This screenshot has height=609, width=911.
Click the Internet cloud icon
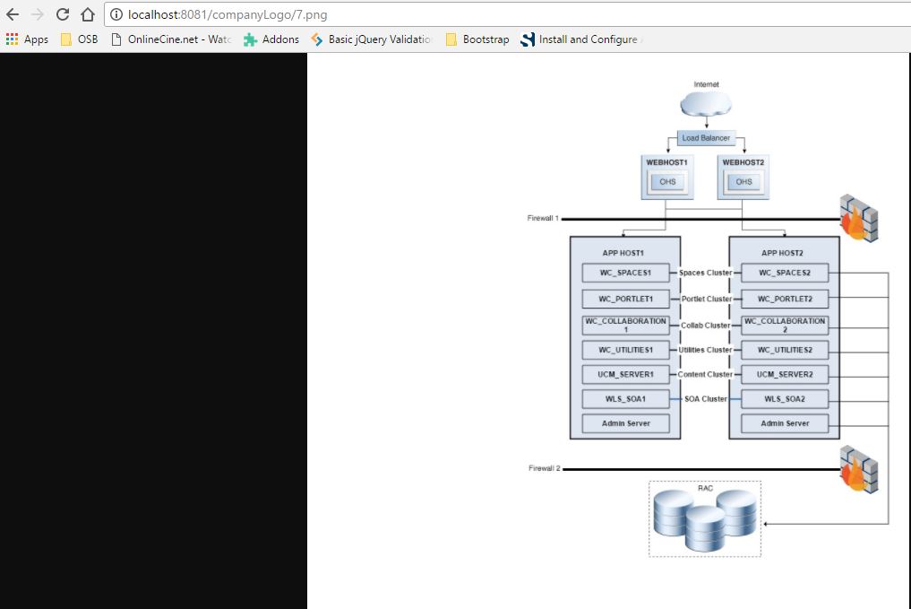tap(706, 105)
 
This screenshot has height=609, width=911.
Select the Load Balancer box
tap(707, 138)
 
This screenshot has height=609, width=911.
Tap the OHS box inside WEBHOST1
tap(667, 182)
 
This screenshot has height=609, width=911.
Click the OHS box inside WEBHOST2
tap(743, 182)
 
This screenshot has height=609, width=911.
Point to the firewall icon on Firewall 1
tap(859, 218)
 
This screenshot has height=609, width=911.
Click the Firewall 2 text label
tap(545, 468)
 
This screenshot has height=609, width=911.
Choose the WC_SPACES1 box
tap(626, 273)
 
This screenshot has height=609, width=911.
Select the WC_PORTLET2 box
tap(785, 299)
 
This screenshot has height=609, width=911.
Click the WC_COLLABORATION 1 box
tap(626, 326)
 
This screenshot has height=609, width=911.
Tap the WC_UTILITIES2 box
tap(785, 350)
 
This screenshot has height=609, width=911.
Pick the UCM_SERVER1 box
tap(626, 375)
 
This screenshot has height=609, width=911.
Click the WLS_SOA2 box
tap(785, 399)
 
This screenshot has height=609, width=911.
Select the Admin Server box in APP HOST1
tap(626, 423)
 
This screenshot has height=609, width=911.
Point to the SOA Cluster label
tap(705, 399)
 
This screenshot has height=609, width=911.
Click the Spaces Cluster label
tap(705, 273)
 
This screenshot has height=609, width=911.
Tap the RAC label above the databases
tap(705, 488)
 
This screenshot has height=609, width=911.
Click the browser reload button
tap(63, 14)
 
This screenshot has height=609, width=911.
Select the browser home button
tap(87, 14)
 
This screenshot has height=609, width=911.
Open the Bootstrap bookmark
tap(477, 39)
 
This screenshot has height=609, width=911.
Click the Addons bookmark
tap(271, 39)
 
